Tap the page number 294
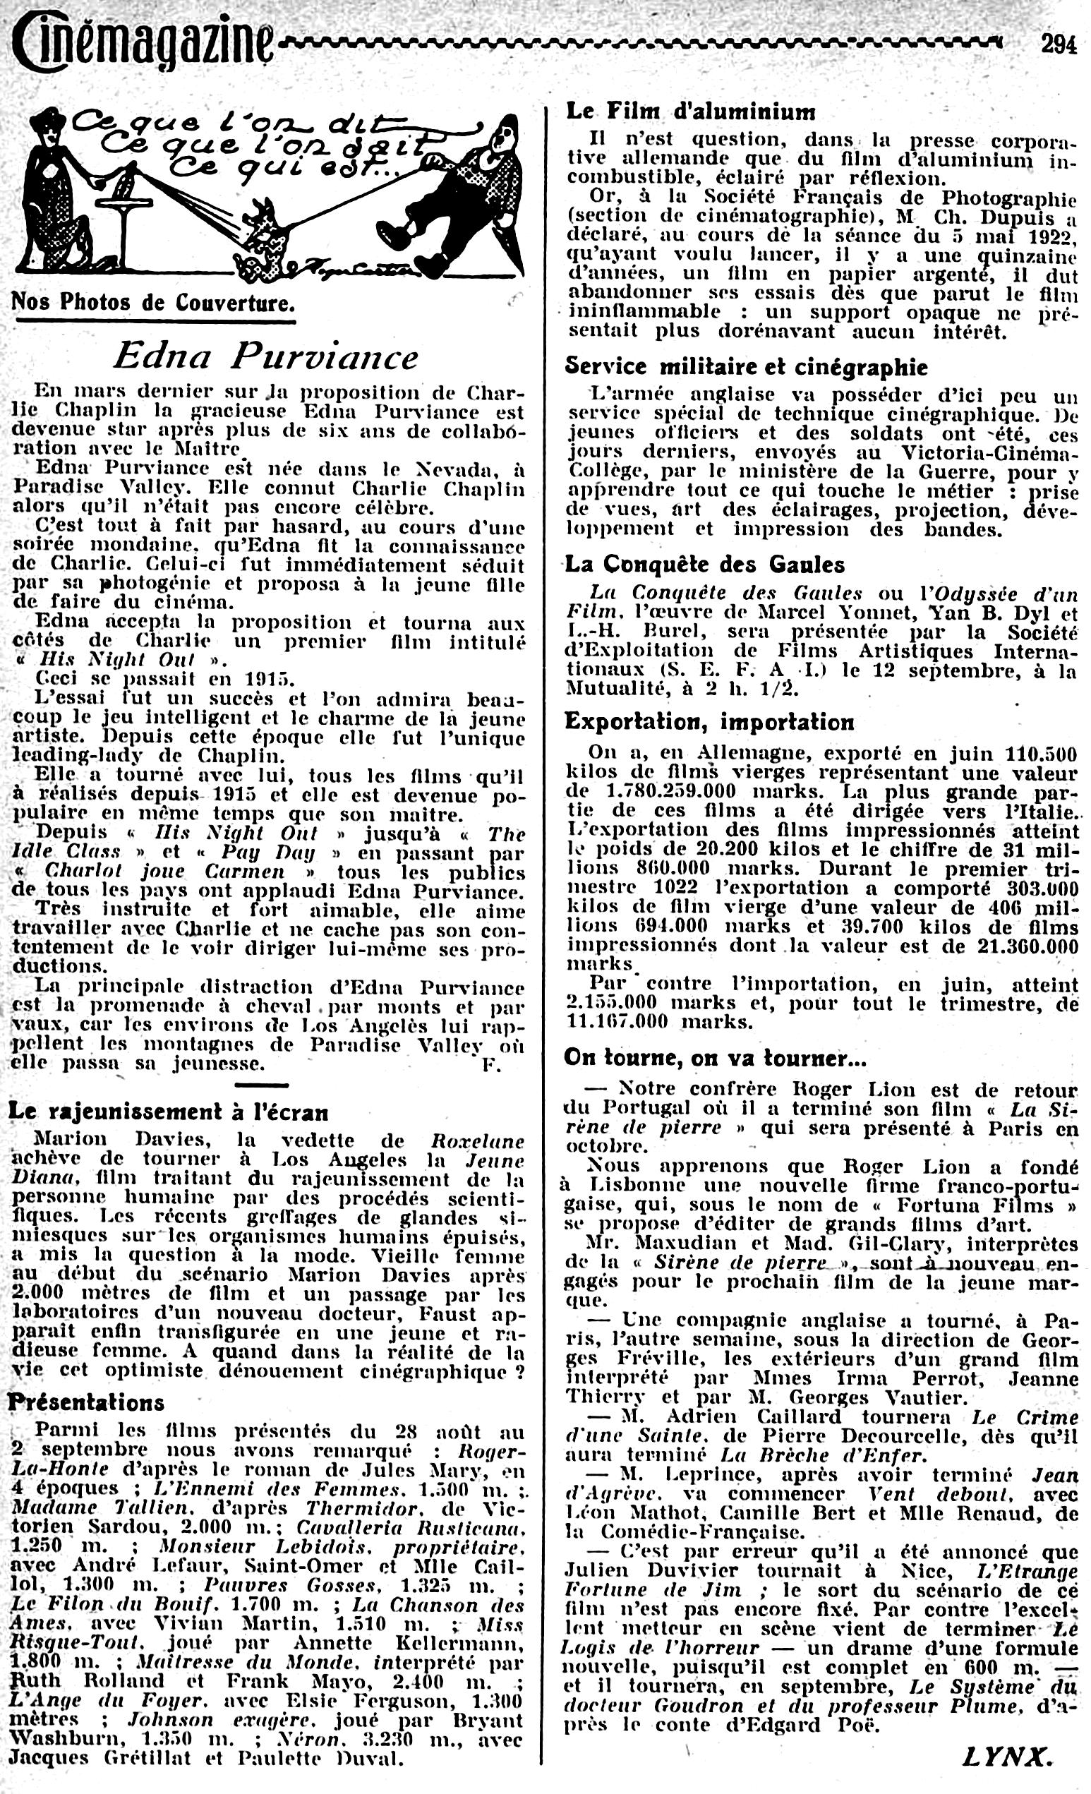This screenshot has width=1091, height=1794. click(x=1058, y=45)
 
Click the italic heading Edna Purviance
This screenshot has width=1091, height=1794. click(x=265, y=357)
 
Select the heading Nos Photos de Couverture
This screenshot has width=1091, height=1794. click(x=154, y=302)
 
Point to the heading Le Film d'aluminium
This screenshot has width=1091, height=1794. click(x=691, y=112)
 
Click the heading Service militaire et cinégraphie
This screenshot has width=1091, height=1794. click(x=746, y=366)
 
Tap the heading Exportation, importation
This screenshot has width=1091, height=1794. click(x=710, y=721)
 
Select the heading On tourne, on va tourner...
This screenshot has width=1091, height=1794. click(x=715, y=1058)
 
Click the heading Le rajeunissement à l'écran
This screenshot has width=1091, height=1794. click(x=168, y=1112)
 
